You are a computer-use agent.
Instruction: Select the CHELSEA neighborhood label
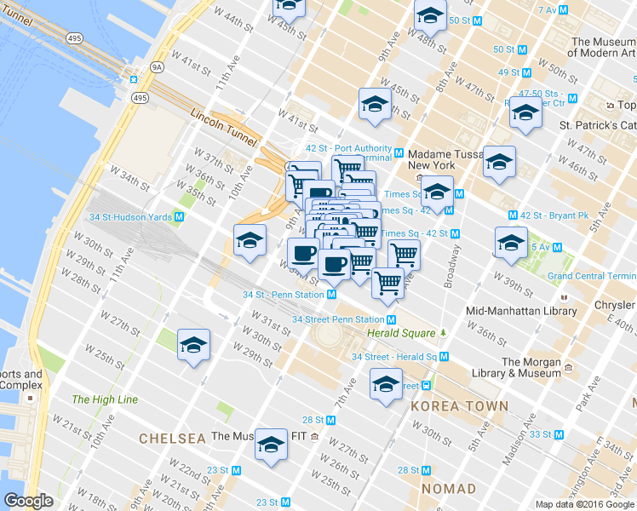(173, 439)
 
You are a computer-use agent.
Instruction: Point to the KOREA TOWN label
(459, 406)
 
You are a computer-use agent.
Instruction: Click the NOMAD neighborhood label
(448, 489)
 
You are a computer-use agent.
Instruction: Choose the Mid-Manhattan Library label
(521, 311)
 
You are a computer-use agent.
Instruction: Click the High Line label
(105, 399)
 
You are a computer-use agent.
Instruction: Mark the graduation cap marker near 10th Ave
(250, 242)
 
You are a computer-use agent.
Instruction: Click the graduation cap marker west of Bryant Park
(510, 244)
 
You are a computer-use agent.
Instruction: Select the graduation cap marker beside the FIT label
(272, 445)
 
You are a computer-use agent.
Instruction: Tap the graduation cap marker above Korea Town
(387, 384)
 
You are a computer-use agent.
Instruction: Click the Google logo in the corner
(28, 501)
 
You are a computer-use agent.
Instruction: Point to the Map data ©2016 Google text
(584, 504)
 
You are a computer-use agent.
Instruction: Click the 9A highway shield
(156, 65)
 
